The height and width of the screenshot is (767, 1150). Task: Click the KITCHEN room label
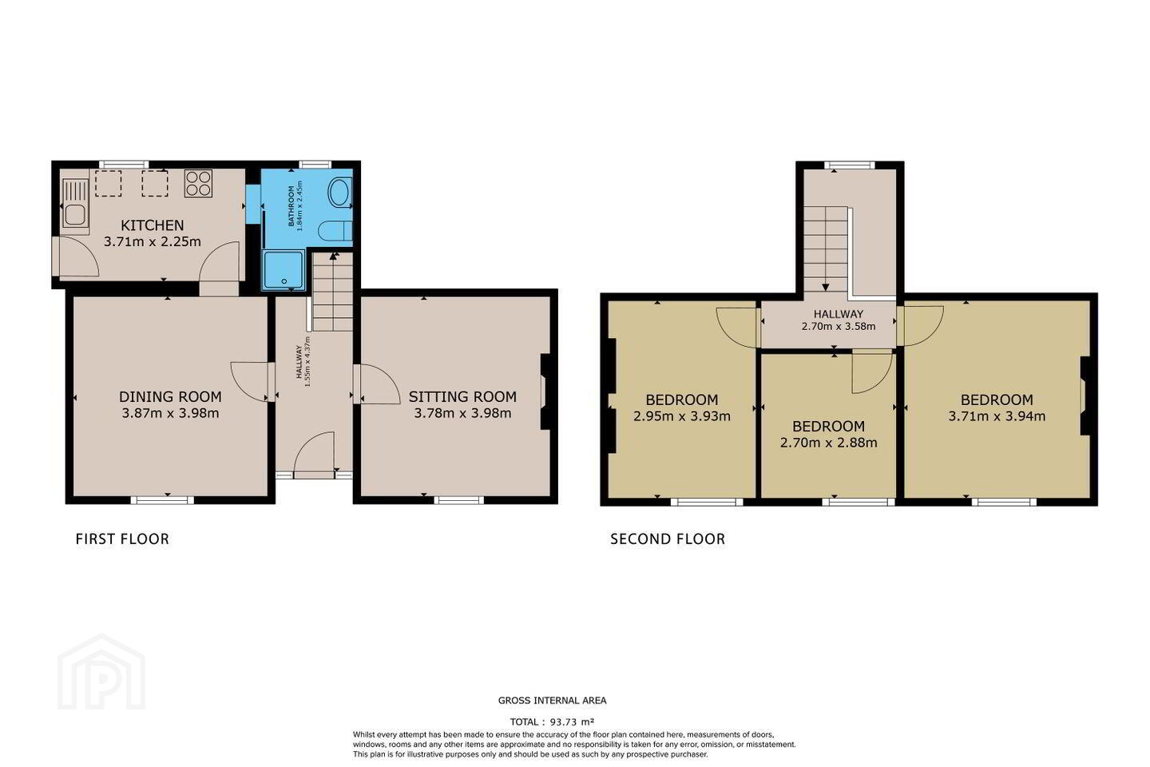click(152, 225)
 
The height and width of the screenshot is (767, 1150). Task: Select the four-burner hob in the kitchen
click(198, 184)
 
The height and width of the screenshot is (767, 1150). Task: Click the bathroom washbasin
click(339, 193)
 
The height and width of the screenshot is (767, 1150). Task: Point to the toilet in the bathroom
click(335, 231)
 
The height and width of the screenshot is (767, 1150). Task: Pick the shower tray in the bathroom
click(284, 270)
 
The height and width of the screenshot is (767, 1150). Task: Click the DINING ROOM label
click(170, 396)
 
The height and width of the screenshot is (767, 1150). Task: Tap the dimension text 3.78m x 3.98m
click(462, 413)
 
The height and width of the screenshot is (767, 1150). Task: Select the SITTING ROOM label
click(462, 396)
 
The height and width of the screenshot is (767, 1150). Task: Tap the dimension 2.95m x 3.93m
click(682, 416)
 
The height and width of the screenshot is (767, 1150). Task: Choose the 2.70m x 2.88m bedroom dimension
click(829, 443)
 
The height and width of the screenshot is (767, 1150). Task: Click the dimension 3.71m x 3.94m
click(997, 416)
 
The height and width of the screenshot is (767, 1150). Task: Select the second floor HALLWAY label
click(839, 314)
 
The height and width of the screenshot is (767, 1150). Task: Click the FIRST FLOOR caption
click(122, 539)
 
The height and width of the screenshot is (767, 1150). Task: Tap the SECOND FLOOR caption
click(668, 539)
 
